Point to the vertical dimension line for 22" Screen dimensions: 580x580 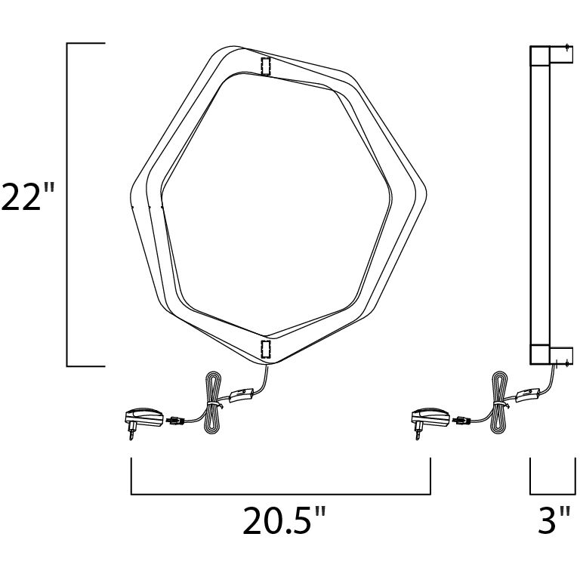coord(68,204)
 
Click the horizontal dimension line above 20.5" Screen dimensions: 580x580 coord(280,493)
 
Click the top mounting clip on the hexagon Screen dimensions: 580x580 coord(265,66)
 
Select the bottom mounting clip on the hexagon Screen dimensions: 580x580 coord(265,348)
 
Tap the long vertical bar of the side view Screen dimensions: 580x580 coord(541,204)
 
